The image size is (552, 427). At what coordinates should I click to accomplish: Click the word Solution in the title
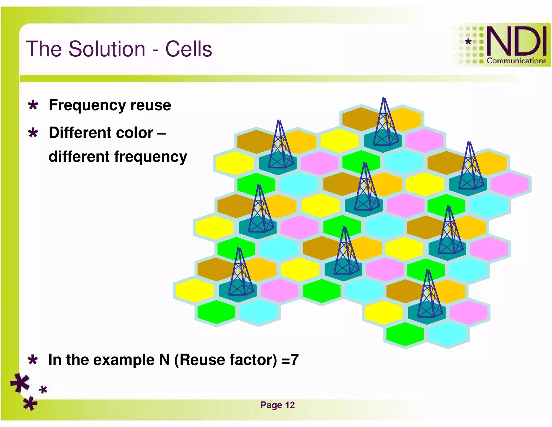coord(107,49)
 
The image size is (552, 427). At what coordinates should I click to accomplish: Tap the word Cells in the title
coord(188,49)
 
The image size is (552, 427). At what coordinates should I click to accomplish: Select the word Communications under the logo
coord(516,61)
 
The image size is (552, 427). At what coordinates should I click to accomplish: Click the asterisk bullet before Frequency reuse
coord(33,105)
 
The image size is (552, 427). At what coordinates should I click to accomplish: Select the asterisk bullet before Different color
coord(33,133)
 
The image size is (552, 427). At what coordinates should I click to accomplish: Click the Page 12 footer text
coord(277,405)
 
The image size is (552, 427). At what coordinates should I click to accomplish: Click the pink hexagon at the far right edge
coord(509,184)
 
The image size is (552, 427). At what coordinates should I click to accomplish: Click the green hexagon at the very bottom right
coord(405,334)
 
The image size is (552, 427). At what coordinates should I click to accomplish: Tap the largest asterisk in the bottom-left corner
coord(20,383)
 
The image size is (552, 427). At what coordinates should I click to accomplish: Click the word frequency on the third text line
coord(150,157)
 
